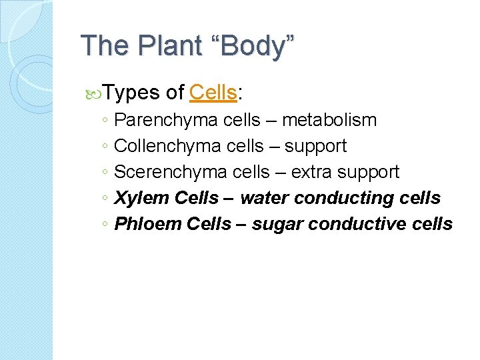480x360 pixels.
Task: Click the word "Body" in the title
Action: click(x=257, y=46)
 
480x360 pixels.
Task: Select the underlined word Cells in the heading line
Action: click(x=213, y=93)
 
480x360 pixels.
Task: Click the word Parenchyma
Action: click(x=166, y=120)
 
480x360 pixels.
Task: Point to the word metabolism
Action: click(x=329, y=120)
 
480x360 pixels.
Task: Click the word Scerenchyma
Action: click(x=171, y=172)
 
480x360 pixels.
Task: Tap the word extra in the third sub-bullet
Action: click(x=312, y=172)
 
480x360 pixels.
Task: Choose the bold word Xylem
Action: click(x=141, y=198)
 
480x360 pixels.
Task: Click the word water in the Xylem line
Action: click(x=264, y=198)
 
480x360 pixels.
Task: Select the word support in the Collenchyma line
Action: click(x=316, y=146)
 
